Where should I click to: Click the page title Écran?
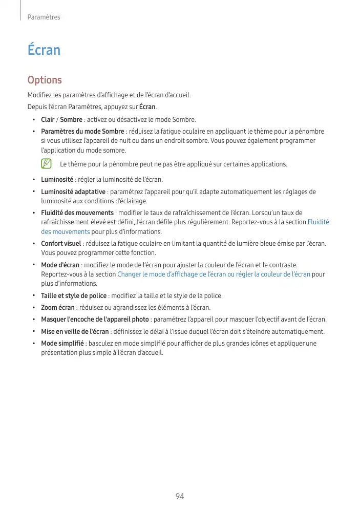tap(44, 50)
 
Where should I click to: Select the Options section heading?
tap(45, 80)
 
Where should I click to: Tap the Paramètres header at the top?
tap(44, 17)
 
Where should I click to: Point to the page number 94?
tap(180, 496)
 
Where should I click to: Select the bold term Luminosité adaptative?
tap(73, 192)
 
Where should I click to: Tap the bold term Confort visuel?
tap(61, 243)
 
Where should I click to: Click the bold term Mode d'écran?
tap(60, 265)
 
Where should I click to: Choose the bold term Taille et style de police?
tap(74, 295)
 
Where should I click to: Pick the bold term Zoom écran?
tap(58, 307)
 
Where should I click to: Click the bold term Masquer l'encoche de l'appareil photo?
tap(95, 320)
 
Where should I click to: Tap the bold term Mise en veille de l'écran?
tap(75, 331)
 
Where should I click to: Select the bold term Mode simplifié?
tap(62, 343)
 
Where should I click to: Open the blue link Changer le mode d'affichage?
tap(214, 274)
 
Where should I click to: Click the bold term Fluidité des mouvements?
tap(77, 213)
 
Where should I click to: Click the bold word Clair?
tap(48, 119)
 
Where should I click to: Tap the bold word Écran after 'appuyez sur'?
tap(147, 107)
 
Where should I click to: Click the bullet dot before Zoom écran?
tap(34, 307)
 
